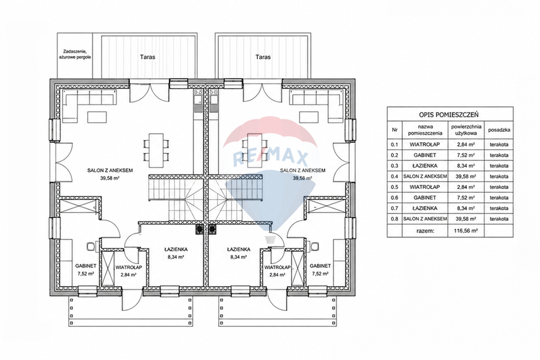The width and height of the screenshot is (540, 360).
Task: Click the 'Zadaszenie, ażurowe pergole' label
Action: (x=75, y=55)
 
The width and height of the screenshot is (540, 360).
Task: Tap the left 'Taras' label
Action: (x=148, y=57)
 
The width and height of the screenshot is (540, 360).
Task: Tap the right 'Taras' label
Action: (x=263, y=57)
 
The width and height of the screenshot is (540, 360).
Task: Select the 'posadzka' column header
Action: (x=499, y=130)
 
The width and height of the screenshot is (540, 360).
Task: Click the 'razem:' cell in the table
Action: (x=425, y=231)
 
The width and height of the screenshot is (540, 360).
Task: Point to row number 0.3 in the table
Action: (x=394, y=166)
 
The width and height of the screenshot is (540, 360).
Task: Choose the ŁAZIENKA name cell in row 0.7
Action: (x=425, y=208)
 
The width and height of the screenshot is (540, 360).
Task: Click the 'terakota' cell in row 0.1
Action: (x=499, y=144)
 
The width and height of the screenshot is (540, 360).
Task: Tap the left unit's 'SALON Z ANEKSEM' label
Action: (x=110, y=170)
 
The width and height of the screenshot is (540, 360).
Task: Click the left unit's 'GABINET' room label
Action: (x=86, y=266)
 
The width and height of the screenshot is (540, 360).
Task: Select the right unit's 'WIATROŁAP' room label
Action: (x=277, y=267)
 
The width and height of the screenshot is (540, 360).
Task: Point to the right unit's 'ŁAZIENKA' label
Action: (x=239, y=249)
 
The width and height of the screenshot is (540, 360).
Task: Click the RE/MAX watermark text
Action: (x=271, y=158)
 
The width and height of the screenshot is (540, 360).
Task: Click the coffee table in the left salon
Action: (x=97, y=117)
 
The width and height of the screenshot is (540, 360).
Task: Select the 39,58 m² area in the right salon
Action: (x=302, y=178)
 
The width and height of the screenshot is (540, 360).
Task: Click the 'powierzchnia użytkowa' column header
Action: (x=466, y=130)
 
